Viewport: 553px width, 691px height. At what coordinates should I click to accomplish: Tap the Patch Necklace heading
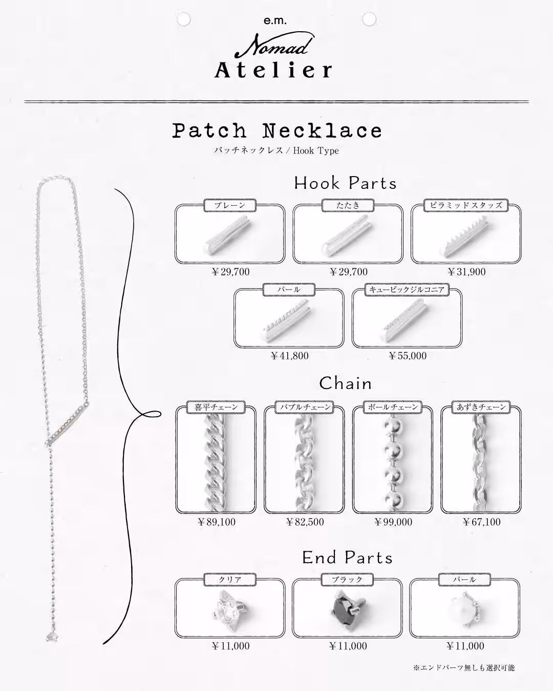[x=277, y=131]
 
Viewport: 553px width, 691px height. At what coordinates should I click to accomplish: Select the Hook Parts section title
[x=346, y=183]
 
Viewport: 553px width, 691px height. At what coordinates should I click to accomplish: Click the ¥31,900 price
[x=466, y=272]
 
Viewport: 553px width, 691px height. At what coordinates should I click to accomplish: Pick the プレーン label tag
[x=230, y=205]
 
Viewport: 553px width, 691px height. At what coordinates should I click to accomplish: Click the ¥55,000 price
[x=408, y=356]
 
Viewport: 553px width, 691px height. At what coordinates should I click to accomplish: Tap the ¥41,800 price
[x=289, y=356]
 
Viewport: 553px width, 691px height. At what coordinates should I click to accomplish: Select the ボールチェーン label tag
[x=393, y=407]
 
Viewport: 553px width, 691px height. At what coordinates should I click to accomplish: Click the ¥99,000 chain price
[x=393, y=522]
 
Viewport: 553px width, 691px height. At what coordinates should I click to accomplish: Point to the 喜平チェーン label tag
[x=216, y=407]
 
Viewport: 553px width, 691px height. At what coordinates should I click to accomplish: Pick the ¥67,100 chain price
[x=482, y=522]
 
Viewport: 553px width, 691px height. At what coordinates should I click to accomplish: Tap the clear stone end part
[x=229, y=609]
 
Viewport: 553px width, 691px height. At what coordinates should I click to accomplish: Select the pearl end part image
[x=465, y=609]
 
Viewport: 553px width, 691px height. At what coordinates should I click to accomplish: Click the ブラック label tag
[x=348, y=579]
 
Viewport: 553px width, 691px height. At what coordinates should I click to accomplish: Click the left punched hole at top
[x=183, y=19]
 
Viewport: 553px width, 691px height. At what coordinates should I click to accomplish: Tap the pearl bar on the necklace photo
[x=67, y=423]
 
